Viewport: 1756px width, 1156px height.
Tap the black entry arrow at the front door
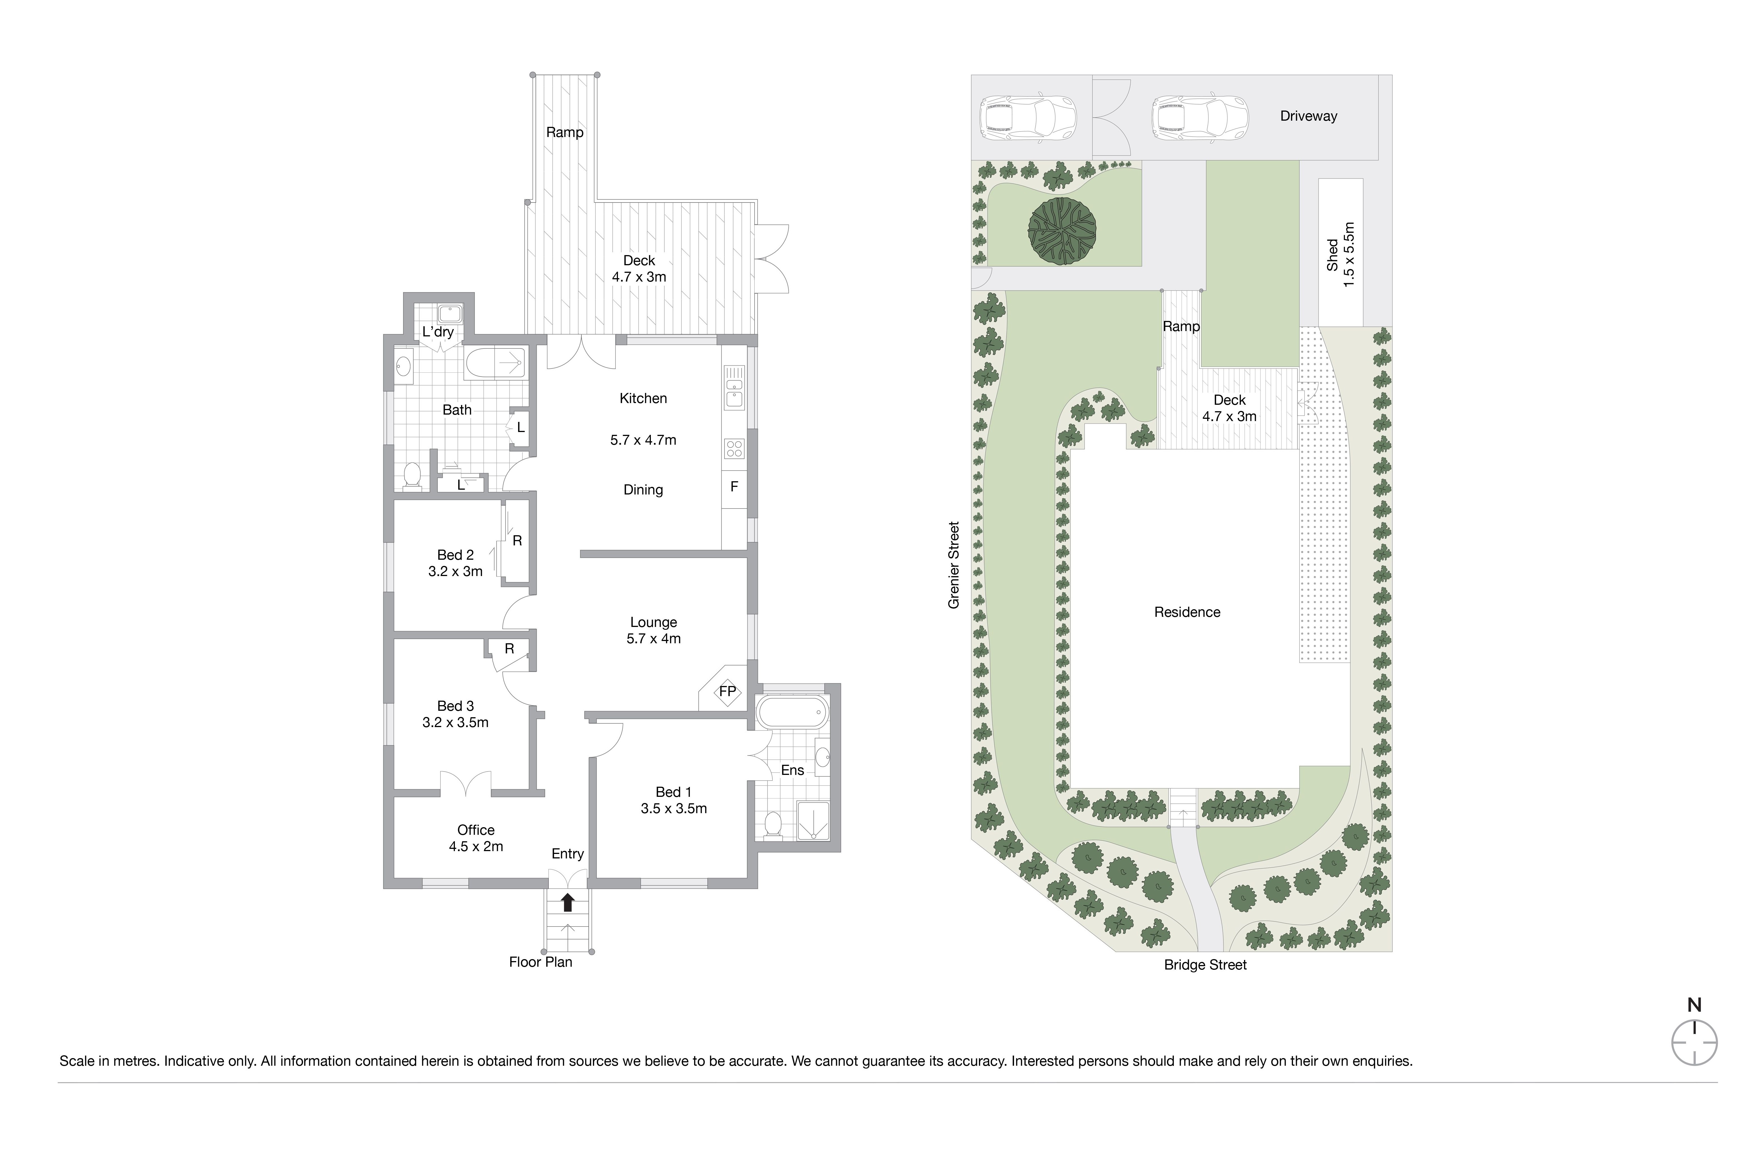(567, 902)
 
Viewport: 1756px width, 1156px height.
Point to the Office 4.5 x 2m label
(476, 838)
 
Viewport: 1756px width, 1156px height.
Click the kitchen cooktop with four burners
(734, 448)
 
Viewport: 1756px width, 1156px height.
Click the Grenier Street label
(954, 565)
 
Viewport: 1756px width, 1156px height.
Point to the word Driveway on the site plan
(1308, 116)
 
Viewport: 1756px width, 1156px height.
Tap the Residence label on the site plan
(1187, 612)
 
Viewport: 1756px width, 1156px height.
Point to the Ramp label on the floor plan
(565, 132)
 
